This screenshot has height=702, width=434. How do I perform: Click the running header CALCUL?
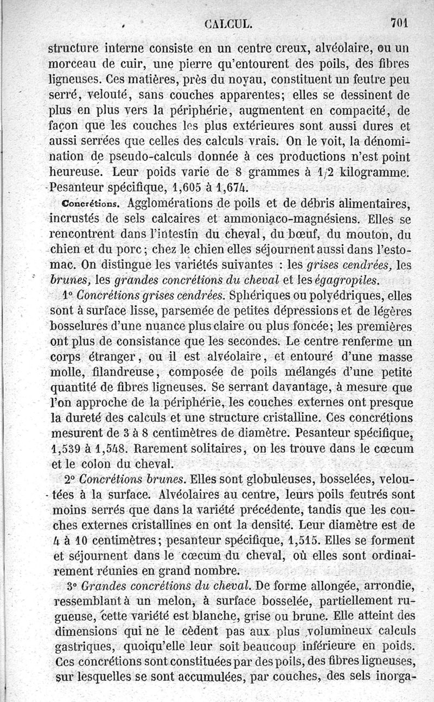227,24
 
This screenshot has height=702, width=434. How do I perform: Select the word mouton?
361,235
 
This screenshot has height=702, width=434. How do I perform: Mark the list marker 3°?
77,586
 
